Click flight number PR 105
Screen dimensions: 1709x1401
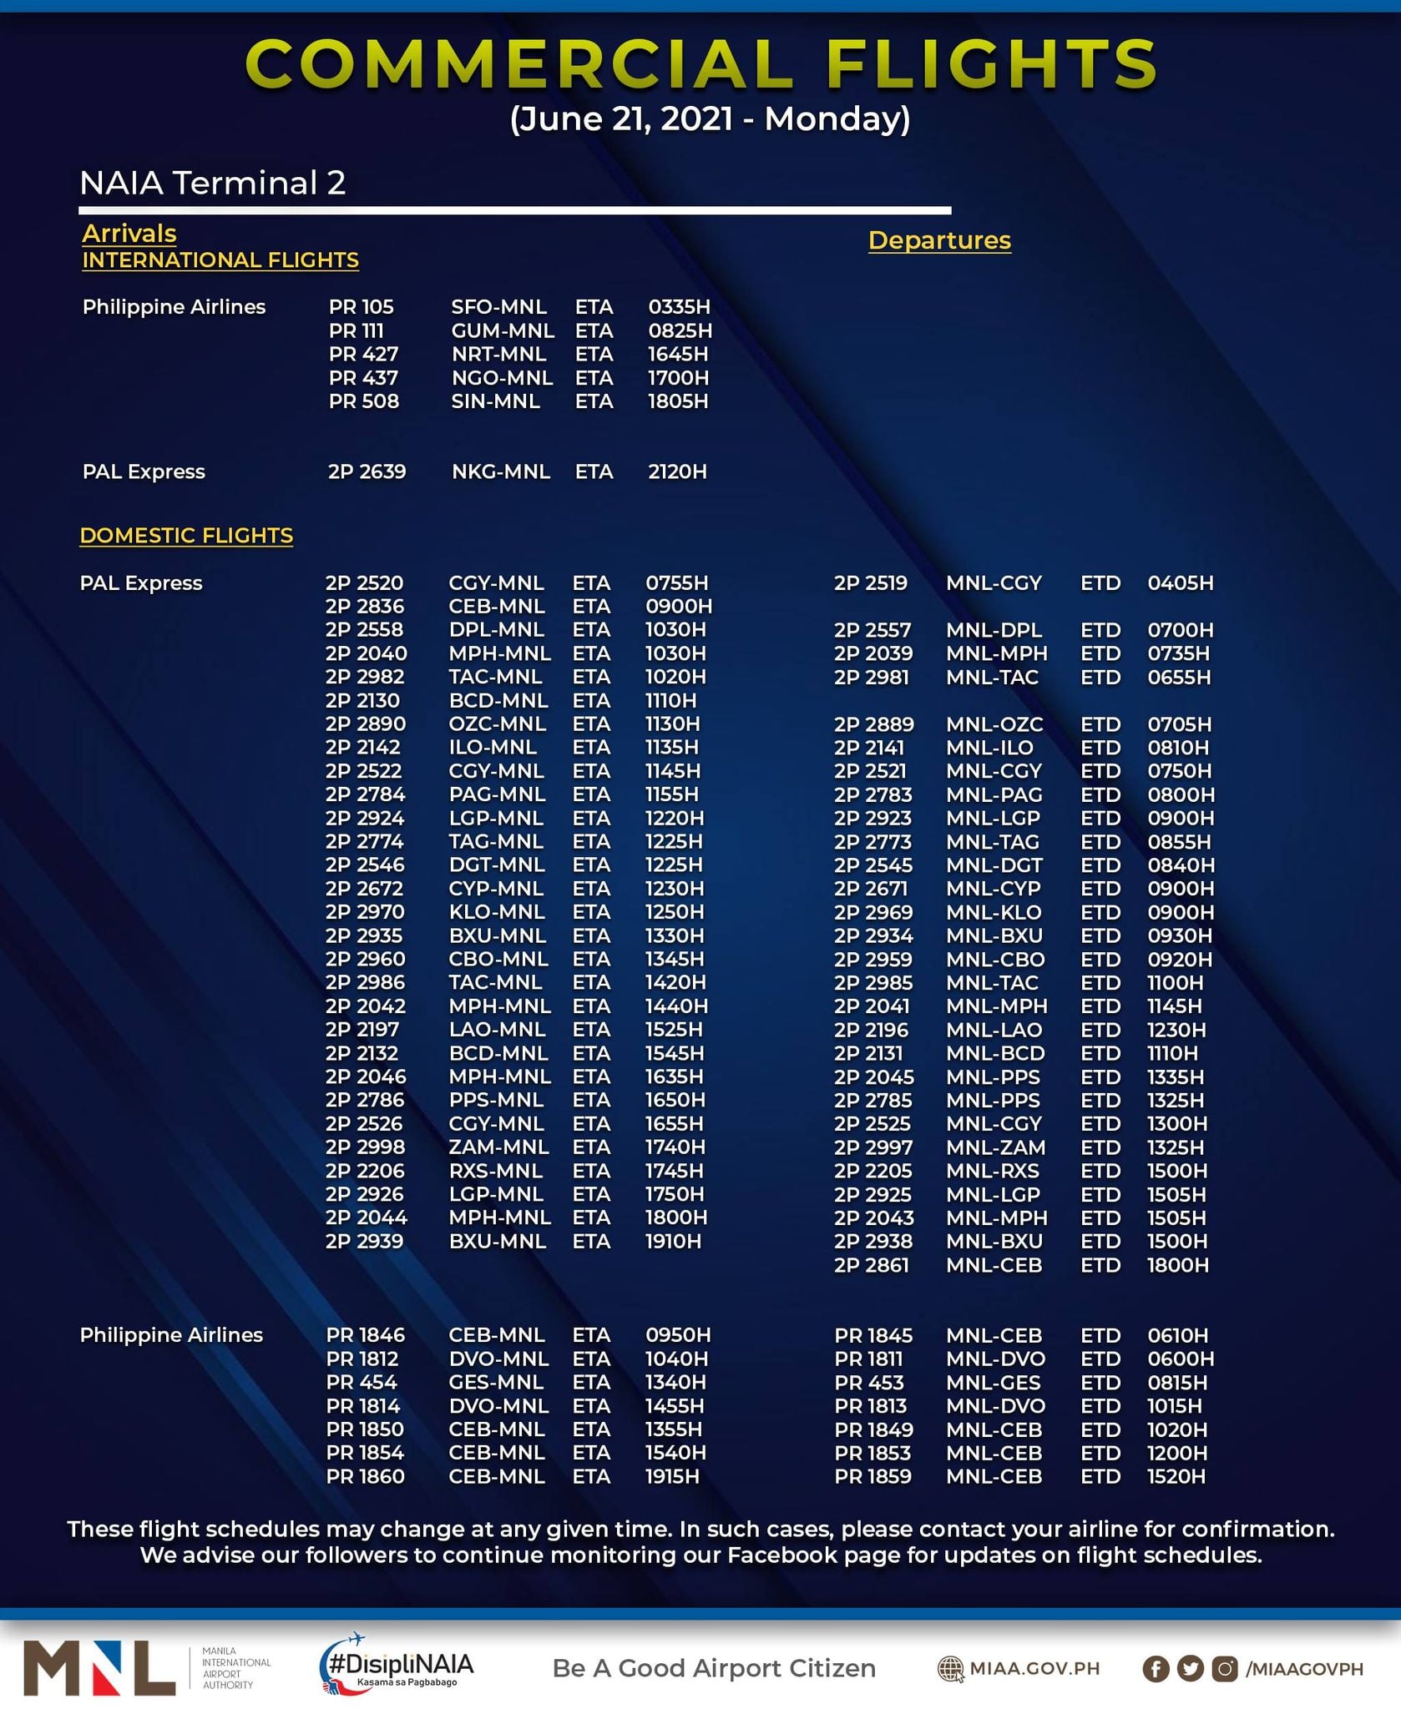click(x=361, y=307)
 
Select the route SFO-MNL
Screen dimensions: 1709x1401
click(x=498, y=307)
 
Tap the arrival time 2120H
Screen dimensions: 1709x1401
click(x=677, y=471)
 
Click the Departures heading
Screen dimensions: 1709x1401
click(x=939, y=240)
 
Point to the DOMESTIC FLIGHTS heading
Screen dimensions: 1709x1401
click(x=186, y=535)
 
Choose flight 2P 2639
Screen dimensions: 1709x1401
click(x=367, y=471)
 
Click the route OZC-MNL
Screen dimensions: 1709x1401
click(x=497, y=723)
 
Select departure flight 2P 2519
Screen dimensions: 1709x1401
click(x=870, y=582)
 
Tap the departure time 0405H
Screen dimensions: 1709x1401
click(x=1180, y=582)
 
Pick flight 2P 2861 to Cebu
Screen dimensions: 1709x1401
click(x=871, y=1265)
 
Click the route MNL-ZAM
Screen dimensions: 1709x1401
click(x=995, y=1147)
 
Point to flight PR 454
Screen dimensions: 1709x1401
click(x=362, y=1382)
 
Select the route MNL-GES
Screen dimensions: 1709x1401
click(x=994, y=1383)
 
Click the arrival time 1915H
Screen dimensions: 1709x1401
click(x=672, y=1476)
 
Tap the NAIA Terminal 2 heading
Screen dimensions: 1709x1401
click(x=212, y=183)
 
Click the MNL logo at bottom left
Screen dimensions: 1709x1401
click(x=99, y=1667)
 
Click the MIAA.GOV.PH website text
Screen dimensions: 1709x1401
click(x=1034, y=1668)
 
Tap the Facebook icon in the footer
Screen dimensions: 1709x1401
click(x=1156, y=1668)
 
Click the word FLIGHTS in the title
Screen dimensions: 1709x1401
click(x=991, y=64)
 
